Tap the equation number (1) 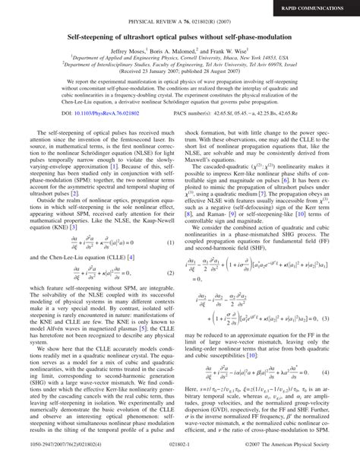[172, 243]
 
